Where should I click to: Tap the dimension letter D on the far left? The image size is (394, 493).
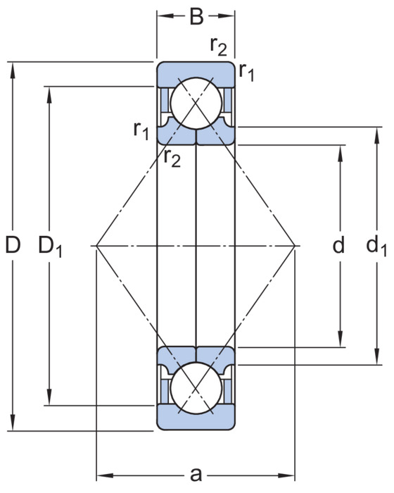pyautogui.click(x=13, y=244)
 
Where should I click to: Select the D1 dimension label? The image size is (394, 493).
pyautogui.click(x=50, y=246)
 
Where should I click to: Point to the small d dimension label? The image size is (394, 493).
pyautogui.click(x=338, y=244)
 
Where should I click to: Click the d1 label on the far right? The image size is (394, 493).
pyautogui.click(x=376, y=246)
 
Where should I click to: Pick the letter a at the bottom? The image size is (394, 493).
pyautogui.click(x=196, y=475)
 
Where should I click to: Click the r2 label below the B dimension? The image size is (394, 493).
pyautogui.click(x=218, y=47)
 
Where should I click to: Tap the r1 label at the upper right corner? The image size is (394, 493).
pyautogui.click(x=246, y=72)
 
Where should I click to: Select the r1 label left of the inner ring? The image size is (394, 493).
pyautogui.click(x=141, y=130)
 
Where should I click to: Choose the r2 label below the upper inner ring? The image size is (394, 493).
pyautogui.click(x=172, y=157)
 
